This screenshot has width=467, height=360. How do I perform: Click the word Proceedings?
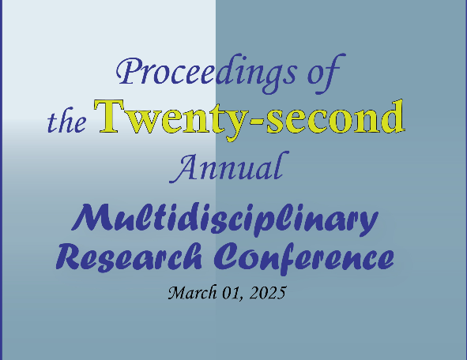pyautogui.click(x=206, y=73)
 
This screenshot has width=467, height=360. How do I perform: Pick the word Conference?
pyautogui.click(x=303, y=257)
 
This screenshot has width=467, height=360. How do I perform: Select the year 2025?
pyautogui.click(x=267, y=293)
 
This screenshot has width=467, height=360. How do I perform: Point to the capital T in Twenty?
pyautogui.click(x=109, y=116)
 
